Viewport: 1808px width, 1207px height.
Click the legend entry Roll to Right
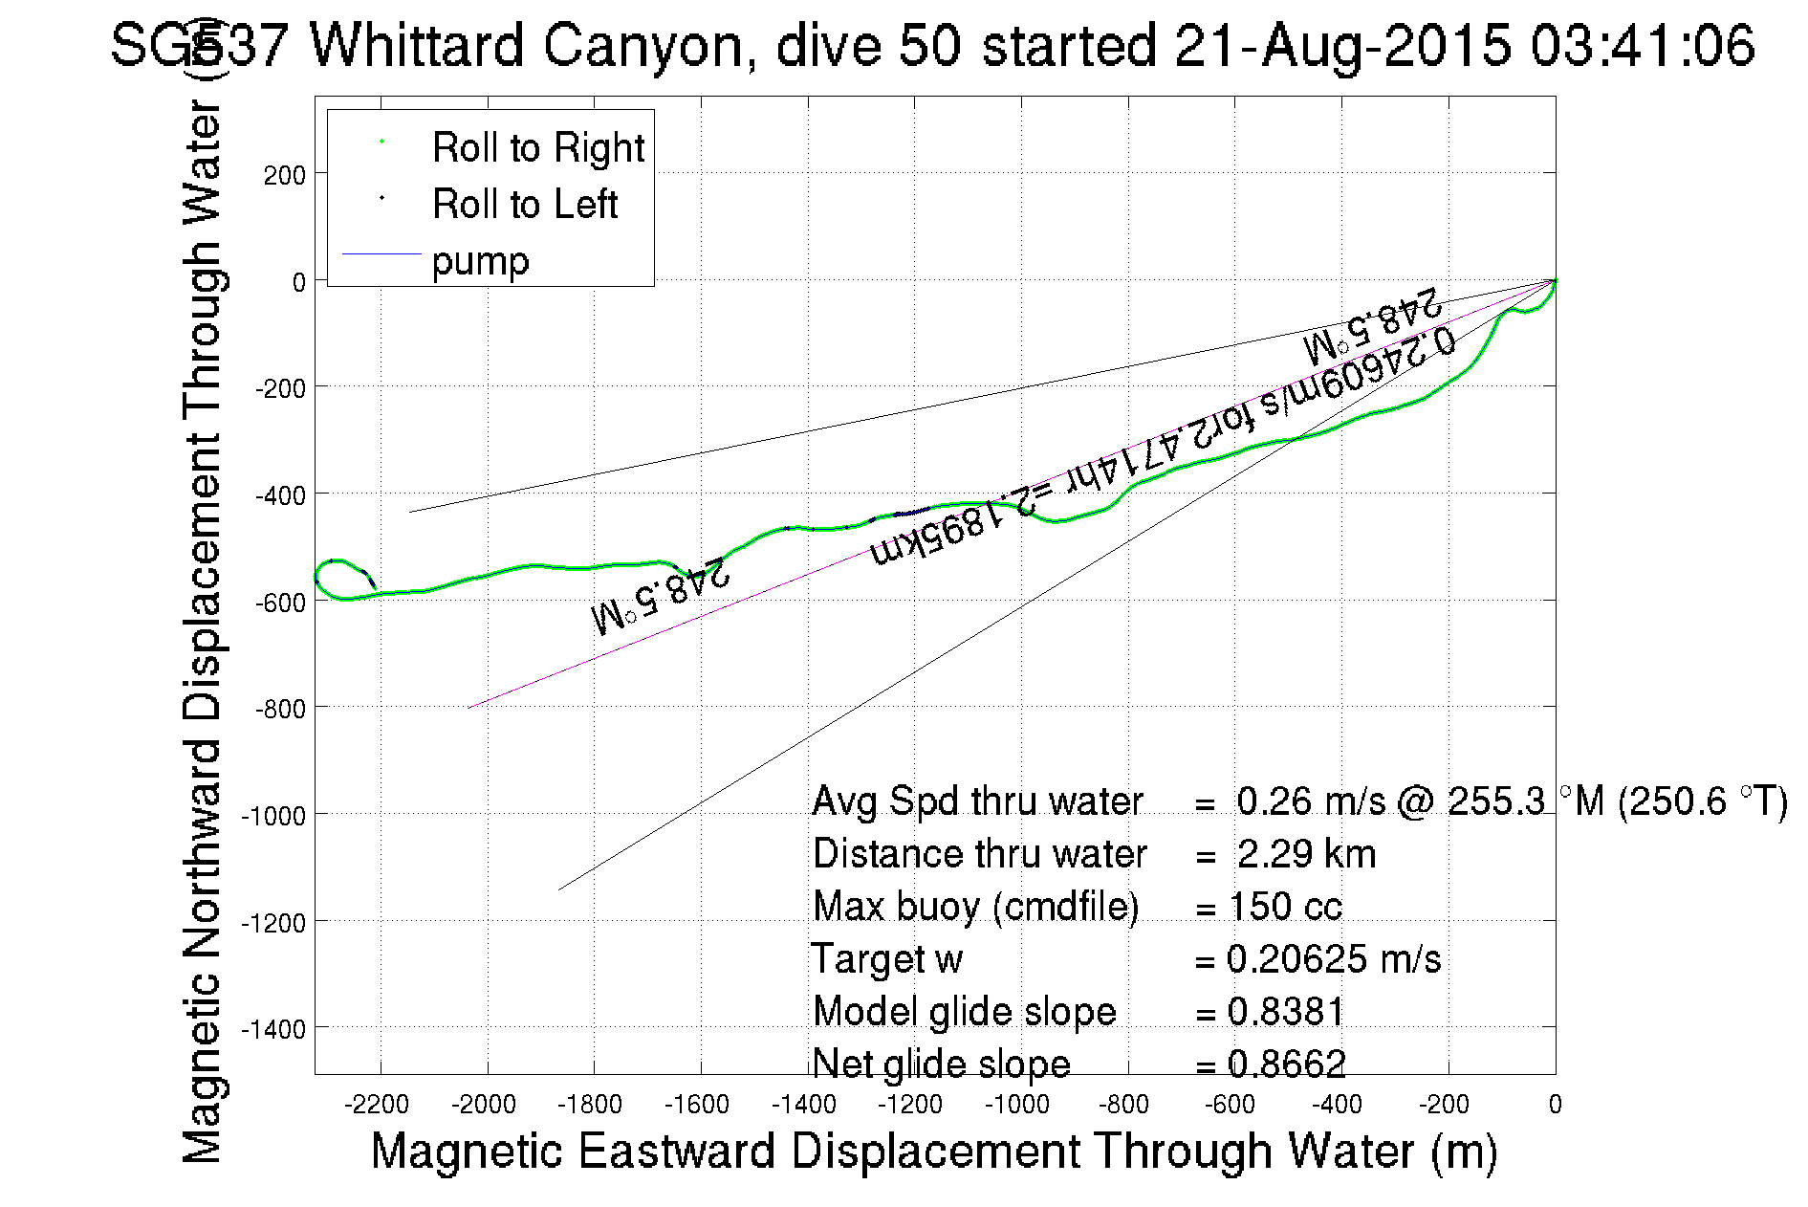537,148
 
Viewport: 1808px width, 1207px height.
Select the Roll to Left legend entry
524,205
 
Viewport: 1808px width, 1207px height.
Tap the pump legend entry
480,261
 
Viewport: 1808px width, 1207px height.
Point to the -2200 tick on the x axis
380,1106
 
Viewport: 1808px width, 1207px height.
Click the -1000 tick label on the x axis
1017,1106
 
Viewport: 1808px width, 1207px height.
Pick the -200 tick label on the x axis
1444,1106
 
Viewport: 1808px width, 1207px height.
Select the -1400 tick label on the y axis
273,1029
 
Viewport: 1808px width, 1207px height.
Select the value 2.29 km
1306,854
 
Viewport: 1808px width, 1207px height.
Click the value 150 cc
1286,907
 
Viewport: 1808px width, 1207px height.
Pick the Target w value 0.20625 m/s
1333,959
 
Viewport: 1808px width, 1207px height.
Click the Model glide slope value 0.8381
1286,1012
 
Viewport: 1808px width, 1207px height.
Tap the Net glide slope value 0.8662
1287,1064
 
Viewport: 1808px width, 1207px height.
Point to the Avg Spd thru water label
977,801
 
